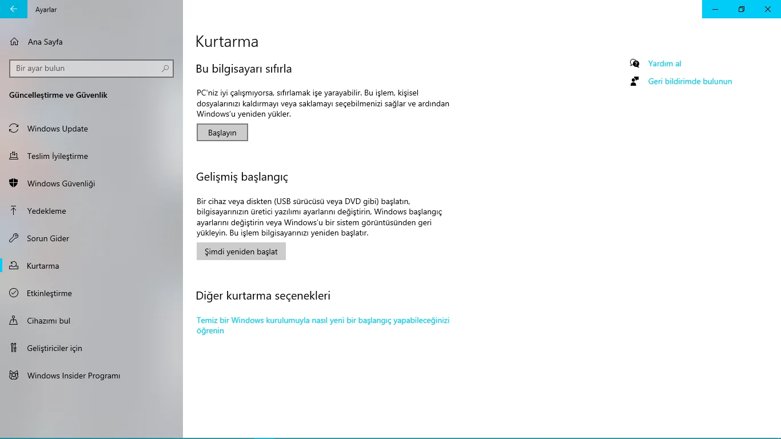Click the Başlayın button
[222, 133]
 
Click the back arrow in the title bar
[14, 9]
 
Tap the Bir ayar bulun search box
[86, 69]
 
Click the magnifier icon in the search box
[165, 69]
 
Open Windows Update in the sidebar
[57, 129]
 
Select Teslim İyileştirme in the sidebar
[57, 156]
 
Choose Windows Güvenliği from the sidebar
[61, 183]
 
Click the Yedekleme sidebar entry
[46, 211]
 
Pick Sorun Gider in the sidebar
[48, 238]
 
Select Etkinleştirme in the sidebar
[49, 293]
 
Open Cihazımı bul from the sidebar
[49, 321]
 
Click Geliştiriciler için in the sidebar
[54, 348]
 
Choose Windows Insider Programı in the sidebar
[73, 376]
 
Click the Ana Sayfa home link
[45, 42]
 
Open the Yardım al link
[664, 63]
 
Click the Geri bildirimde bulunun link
[690, 81]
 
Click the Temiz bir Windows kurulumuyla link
[322, 321]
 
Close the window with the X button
[768, 9]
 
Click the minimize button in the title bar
[715, 9]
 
